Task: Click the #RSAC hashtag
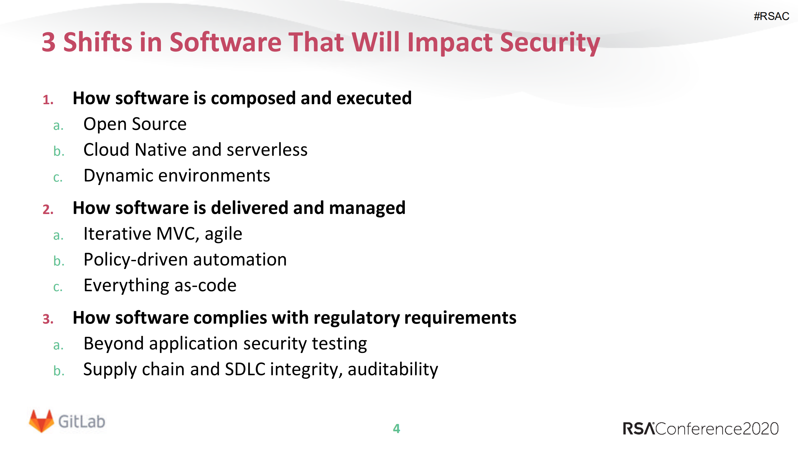tap(771, 16)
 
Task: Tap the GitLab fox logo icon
tap(41, 421)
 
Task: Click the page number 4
tap(396, 428)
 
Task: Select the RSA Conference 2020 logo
tap(700, 429)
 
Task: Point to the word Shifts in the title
tap(98, 42)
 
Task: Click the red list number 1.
tap(48, 100)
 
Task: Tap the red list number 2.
tap(48, 209)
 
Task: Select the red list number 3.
tap(48, 319)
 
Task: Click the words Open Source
tap(135, 124)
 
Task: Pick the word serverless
tap(267, 150)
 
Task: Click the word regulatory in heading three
tap(356, 318)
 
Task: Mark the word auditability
tap(393, 369)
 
